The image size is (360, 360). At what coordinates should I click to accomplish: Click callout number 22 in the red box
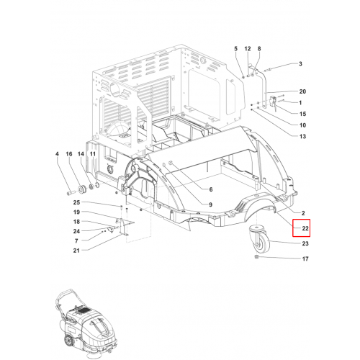pos(305,228)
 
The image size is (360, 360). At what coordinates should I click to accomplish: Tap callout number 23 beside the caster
pos(305,243)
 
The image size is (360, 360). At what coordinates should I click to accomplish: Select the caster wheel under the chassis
pos(260,238)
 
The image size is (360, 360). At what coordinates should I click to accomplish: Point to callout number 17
pos(305,258)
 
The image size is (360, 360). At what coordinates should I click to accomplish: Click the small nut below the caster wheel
pos(256,257)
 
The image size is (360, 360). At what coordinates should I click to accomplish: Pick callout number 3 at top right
pos(300,64)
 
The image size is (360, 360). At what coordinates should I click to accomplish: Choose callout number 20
pos(302,91)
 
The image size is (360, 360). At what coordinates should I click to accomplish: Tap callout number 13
pos(302,136)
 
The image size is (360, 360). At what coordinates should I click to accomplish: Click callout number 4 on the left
pos(57,154)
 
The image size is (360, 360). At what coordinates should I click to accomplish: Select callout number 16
pos(69,154)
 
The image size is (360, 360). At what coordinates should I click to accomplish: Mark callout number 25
pos(76,202)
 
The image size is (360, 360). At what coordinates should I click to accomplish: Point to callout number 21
pos(76,251)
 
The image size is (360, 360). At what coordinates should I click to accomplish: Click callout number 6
pos(211,189)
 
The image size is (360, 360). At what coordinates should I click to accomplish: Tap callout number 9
pos(210,204)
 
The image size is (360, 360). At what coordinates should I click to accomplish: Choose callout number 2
pos(303,213)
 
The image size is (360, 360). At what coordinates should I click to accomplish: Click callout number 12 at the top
pos(248,49)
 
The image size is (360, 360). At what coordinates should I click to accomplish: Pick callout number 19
pos(76,212)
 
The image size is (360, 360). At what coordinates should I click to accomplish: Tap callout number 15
pos(302,114)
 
